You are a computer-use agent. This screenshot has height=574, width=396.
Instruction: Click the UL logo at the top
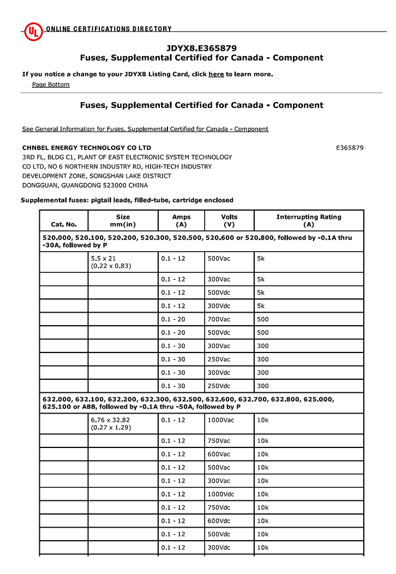tap(33, 31)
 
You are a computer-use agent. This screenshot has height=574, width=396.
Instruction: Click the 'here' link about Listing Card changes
tap(216, 74)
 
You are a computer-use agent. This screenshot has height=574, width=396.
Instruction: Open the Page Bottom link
tap(51, 85)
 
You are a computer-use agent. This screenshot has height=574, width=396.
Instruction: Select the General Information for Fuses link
tap(145, 129)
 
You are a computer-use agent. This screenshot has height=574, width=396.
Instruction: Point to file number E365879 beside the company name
tap(350, 148)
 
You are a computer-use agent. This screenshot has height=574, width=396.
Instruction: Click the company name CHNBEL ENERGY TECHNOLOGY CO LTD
tap(87, 148)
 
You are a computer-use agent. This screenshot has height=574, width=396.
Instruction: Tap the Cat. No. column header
tap(64, 224)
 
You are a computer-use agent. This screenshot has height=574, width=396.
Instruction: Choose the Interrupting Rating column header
tap(309, 220)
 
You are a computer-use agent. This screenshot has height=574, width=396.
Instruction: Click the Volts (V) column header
tap(229, 220)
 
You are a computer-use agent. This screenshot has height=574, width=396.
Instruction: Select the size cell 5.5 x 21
tap(104, 259)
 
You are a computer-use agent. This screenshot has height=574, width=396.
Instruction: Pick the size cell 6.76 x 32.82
tap(110, 420)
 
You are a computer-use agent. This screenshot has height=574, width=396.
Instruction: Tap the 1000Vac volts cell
tap(221, 420)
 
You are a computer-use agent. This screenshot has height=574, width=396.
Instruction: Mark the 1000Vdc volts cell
tap(221, 494)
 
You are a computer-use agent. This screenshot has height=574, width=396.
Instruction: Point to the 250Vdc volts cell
tap(219, 386)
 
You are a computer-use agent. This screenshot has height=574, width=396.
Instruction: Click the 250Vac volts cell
tap(219, 360)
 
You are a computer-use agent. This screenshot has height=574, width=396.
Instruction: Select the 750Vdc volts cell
tap(219, 507)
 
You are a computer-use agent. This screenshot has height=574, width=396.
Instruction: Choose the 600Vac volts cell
tap(219, 454)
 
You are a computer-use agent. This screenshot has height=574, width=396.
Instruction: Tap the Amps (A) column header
tap(181, 220)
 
